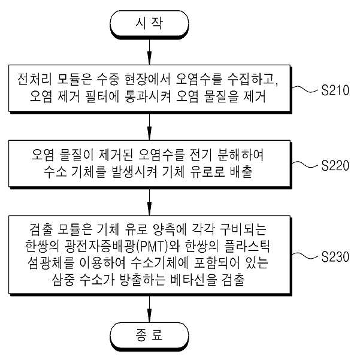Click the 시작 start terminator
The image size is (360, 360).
point(150,24)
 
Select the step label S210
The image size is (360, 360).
point(335,90)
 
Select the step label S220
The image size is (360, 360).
point(335,165)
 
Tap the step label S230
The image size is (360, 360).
point(335,257)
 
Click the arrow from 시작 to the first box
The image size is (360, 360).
point(150,52)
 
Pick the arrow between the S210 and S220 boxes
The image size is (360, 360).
point(150,126)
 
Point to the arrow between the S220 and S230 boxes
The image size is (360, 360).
point(150,202)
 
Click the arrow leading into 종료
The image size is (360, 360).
point(150,308)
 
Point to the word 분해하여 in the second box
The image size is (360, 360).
point(240,155)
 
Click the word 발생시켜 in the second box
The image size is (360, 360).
point(134,171)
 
